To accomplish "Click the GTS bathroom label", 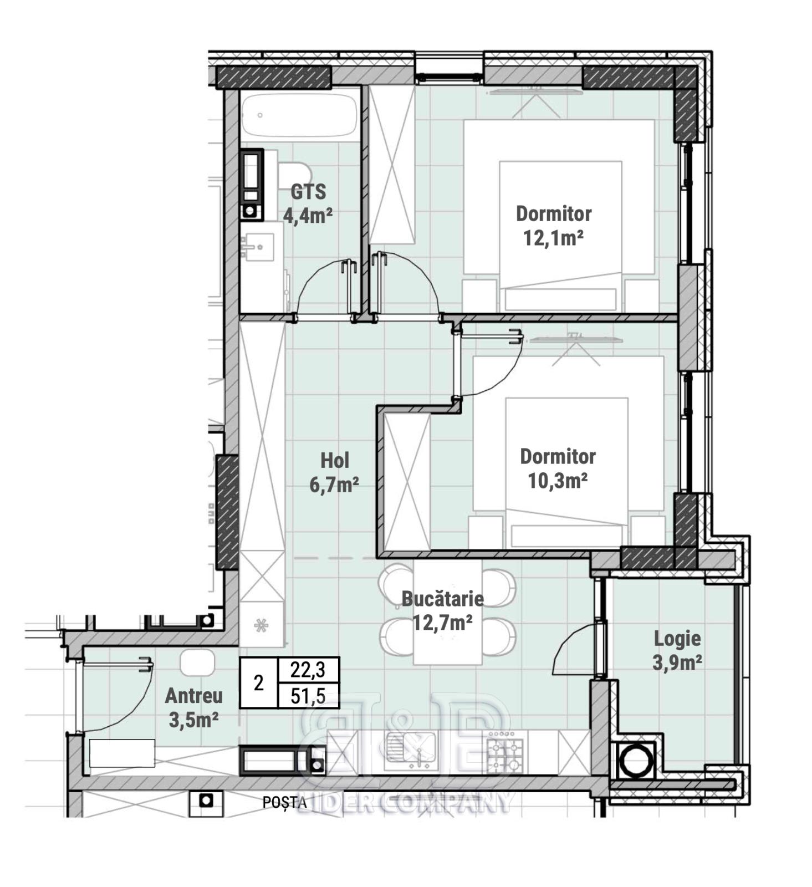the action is (x=308, y=192).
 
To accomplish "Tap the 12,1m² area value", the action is (x=553, y=238).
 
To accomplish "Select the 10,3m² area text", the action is (x=558, y=481).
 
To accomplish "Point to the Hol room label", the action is (x=335, y=460).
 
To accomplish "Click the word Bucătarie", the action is (x=442, y=599).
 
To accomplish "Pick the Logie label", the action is (x=677, y=638).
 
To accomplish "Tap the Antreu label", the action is (x=194, y=696).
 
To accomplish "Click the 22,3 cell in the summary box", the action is (x=308, y=670).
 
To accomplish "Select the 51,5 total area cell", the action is (x=308, y=695).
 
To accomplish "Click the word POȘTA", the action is (x=284, y=802).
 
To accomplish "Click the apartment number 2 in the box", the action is (x=258, y=683).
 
